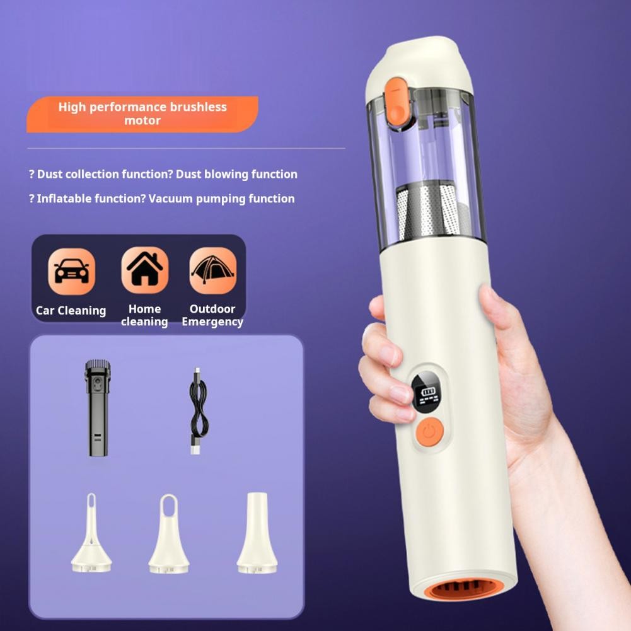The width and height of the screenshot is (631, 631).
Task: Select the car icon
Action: [72, 271]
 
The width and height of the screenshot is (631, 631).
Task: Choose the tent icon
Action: [213, 270]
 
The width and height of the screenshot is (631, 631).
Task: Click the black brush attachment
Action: [98, 408]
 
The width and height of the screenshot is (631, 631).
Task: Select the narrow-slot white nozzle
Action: [92, 533]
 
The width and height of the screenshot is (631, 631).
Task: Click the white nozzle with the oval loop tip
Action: [169, 533]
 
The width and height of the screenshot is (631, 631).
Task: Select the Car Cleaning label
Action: [71, 311]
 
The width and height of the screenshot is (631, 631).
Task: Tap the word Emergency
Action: [212, 322]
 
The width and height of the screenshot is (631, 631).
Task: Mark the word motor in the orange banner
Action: [142, 120]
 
